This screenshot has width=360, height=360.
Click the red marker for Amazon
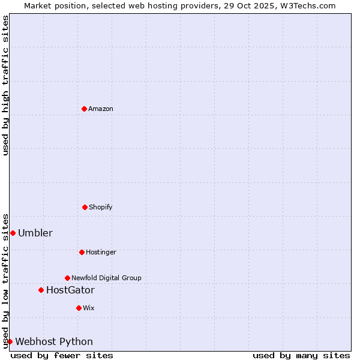84,109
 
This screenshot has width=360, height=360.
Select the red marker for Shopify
85,207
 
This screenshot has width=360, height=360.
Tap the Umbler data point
13,233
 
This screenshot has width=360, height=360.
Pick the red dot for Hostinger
82,252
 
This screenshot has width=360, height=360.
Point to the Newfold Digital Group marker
67,278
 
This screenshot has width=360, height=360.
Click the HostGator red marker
41,290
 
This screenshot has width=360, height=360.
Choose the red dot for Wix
79,308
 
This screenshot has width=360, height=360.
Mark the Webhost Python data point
10,341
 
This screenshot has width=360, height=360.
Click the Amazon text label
101,109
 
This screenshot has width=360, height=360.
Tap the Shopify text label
101,207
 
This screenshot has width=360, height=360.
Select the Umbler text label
35,233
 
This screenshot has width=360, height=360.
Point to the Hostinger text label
101,252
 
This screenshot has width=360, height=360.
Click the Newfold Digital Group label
106,278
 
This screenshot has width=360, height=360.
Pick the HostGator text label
70,290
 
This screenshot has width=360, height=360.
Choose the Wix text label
89,308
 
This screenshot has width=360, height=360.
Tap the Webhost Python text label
54,342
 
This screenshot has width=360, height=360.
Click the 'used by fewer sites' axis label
62,355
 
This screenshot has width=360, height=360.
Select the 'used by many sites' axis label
301,355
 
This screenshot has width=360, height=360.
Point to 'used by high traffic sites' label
5,85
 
